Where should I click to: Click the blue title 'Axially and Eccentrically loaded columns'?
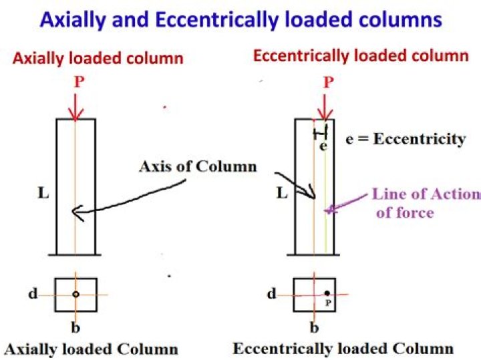240,19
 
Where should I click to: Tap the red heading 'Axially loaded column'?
98,58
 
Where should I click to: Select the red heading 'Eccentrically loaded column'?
361,55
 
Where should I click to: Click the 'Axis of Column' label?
197,166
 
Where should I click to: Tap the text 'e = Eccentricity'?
406,139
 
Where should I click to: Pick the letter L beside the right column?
281,193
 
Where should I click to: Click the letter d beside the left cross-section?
33,293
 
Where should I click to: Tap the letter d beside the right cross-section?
271,293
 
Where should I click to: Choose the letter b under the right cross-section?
315,327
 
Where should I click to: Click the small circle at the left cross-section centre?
76,294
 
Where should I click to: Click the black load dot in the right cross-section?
327,293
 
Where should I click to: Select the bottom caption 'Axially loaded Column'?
91,349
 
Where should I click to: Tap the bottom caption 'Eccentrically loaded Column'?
343,348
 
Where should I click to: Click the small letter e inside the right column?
323,146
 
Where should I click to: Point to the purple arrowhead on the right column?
327,210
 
